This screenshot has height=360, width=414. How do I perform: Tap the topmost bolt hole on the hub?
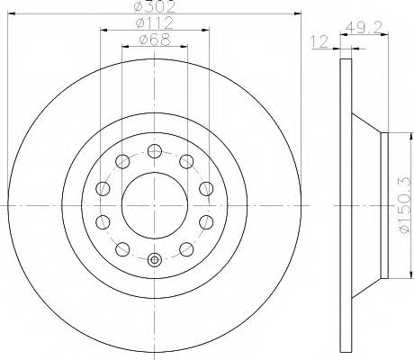point(154,151)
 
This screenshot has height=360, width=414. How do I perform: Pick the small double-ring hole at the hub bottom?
point(154,261)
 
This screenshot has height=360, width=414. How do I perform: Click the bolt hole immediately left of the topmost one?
point(121,161)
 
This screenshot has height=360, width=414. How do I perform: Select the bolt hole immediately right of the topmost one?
point(186,161)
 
